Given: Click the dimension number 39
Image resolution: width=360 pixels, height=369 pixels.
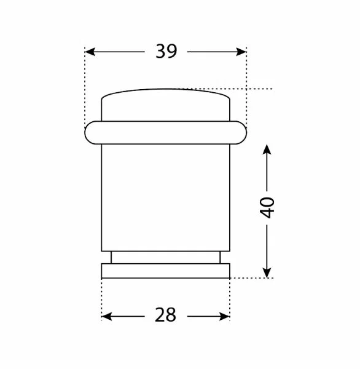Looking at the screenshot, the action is coord(166,51).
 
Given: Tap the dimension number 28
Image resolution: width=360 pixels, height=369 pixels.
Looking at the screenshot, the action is coord(165,315).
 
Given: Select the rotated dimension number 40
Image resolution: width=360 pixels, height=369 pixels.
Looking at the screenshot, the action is coord(267,208).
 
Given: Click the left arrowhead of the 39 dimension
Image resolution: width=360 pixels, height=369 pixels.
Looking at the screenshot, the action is coord(90,52).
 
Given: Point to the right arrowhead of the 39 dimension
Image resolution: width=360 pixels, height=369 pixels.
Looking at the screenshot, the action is coord(241,52).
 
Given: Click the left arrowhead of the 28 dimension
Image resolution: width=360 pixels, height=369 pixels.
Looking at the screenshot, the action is coord(106,317).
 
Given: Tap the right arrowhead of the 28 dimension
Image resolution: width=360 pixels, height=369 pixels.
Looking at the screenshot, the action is coord(224,317).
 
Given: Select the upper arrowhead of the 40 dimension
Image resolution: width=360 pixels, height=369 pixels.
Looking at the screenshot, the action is coord(267,149).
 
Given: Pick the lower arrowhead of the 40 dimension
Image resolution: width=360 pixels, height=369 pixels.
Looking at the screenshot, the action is coord(267,272).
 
